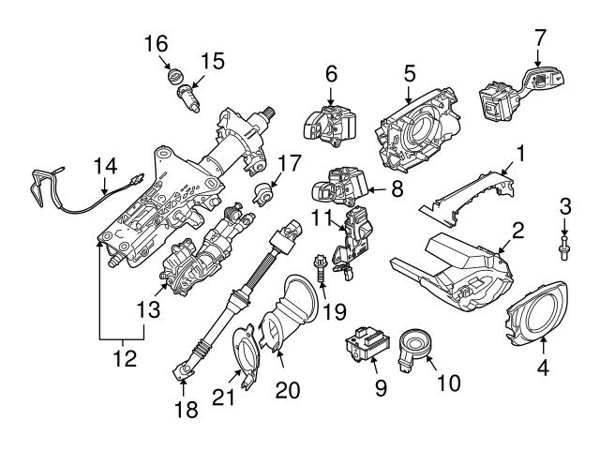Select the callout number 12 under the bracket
point(123,357)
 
